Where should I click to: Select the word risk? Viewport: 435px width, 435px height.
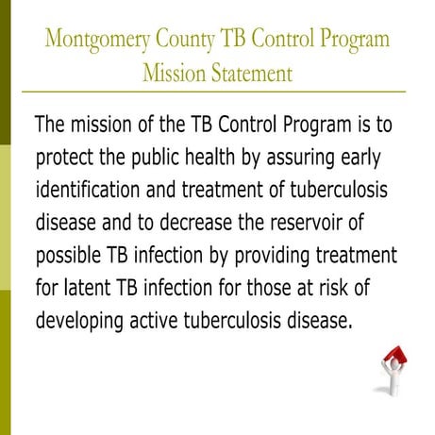point(381,287)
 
